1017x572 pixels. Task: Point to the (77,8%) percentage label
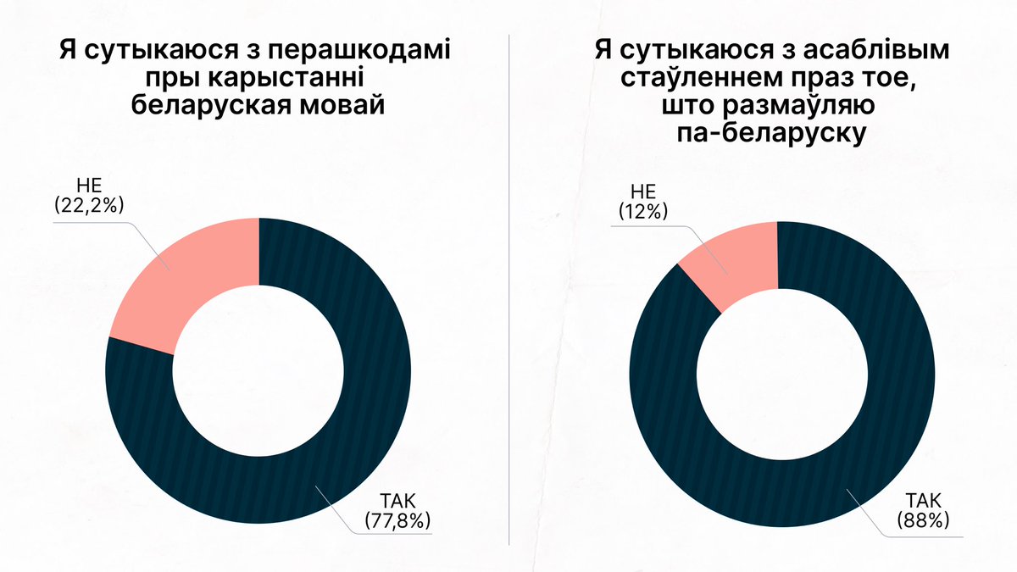pos(397,520)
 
